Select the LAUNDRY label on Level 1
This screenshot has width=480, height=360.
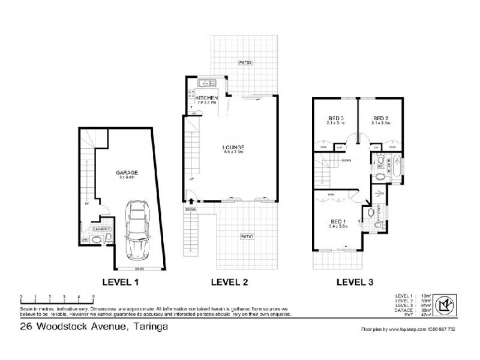coord(100,229)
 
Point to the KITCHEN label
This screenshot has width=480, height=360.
coord(206,97)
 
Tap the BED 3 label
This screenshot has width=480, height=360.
coord(335,118)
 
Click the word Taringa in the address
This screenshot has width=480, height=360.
coord(147,327)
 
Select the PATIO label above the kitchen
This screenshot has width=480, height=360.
coord(244,62)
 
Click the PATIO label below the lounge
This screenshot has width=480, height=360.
coord(247,236)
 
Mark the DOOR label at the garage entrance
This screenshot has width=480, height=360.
coord(139,268)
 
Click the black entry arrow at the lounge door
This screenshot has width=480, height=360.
coord(191,201)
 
